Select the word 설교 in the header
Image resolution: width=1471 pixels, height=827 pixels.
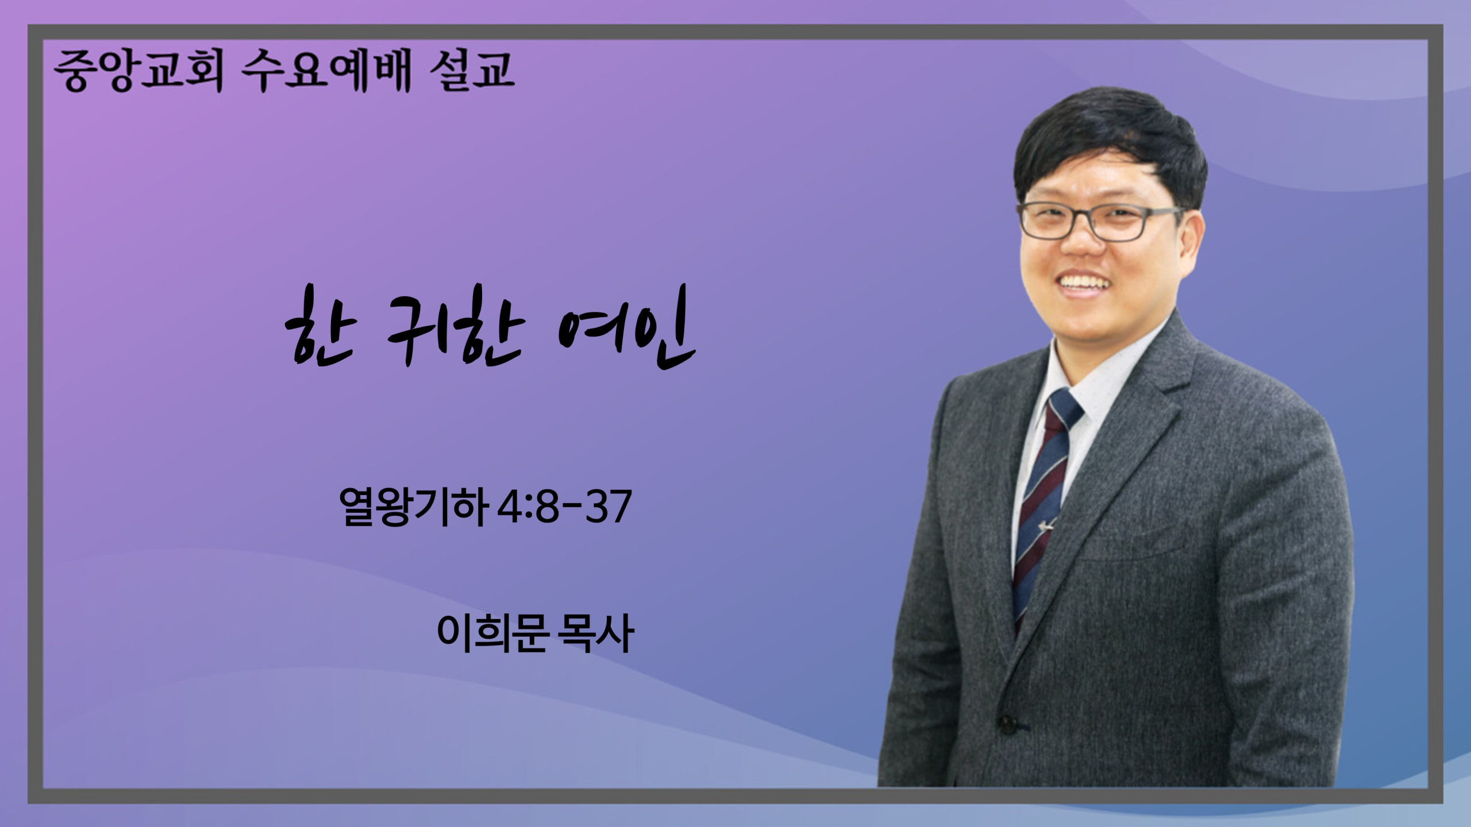(472, 71)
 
